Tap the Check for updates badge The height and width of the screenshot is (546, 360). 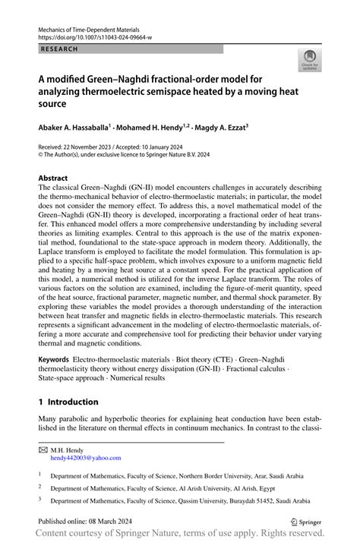point(310,61)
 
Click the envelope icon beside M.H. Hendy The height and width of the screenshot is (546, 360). point(43,450)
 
